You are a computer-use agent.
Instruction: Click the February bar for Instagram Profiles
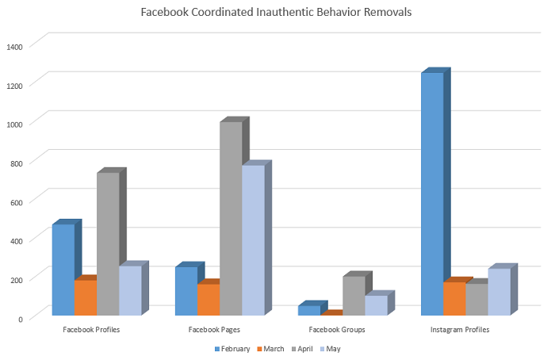coord(432,193)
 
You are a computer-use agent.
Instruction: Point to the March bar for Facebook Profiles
coord(85,297)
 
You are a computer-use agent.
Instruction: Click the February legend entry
coord(231,348)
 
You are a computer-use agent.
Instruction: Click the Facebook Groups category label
coord(336,329)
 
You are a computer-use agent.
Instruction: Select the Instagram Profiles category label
coord(460,329)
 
